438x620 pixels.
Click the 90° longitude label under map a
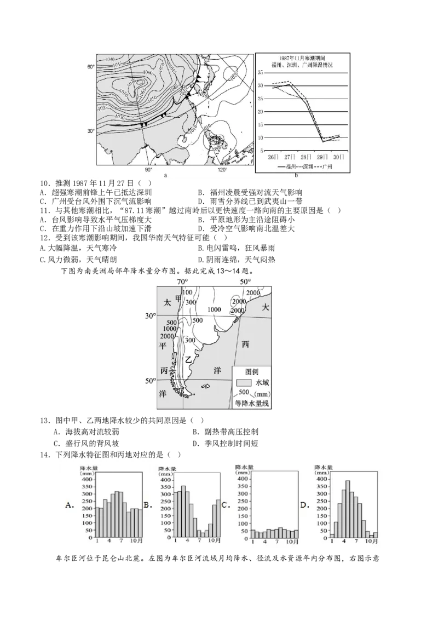[148, 170]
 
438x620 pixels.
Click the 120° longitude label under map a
[222, 170]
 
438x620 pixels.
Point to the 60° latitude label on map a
[90, 67]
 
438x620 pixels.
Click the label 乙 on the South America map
[188, 359]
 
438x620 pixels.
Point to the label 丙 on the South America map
[164, 370]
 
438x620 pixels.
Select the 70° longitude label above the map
[182, 282]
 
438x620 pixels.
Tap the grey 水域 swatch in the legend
[243, 382]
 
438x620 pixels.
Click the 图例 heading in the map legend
[253, 370]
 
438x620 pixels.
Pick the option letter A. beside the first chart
[70, 506]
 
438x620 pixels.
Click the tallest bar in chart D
[347, 509]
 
